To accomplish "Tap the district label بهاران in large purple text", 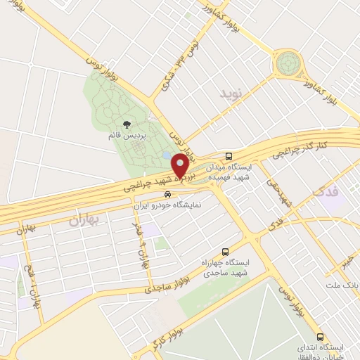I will click(86, 221).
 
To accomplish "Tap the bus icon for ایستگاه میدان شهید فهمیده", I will click(228, 156).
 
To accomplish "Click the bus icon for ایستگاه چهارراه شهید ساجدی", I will click(225, 252).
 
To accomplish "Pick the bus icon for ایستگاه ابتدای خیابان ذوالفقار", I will click(321, 336).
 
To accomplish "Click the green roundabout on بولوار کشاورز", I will click(288, 65).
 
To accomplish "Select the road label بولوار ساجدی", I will click(167, 285).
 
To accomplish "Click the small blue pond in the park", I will click(166, 155).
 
